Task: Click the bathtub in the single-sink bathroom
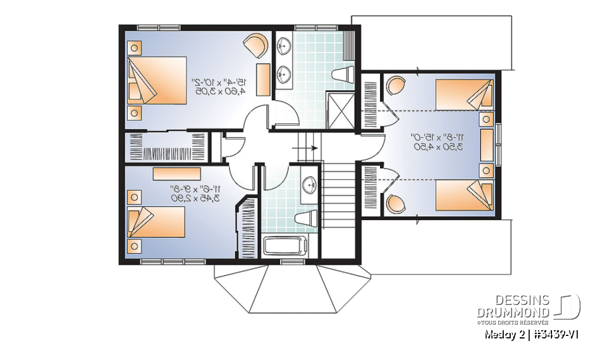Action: (x=285, y=246)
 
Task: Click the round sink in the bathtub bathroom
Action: (x=309, y=186)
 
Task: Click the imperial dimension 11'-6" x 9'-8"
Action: (x=193, y=188)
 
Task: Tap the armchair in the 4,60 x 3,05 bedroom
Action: (x=257, y=45)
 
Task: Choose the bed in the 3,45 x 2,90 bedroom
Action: (x=156, y=221)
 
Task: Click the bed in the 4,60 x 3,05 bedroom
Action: (x=157, y=81)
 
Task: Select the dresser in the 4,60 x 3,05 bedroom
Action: (x=262, y=78)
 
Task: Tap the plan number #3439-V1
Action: (x=555, y=334)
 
